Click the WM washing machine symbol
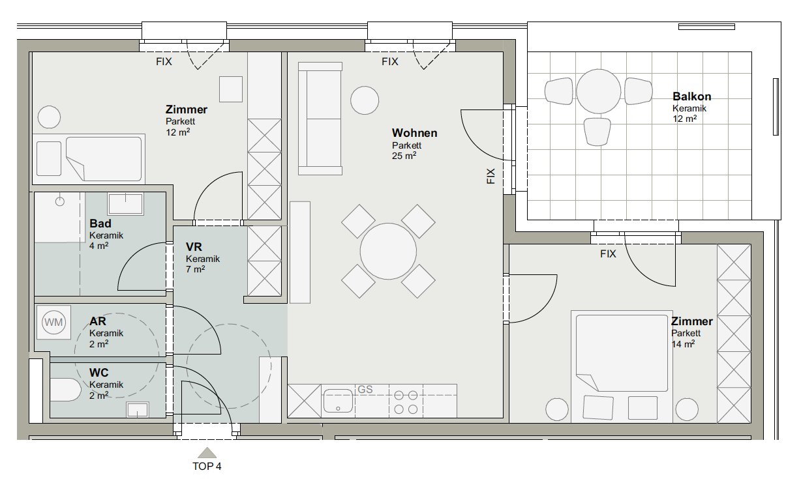(x=53, y=322)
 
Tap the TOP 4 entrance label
(x=207, y=466)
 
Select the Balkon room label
(x=691, y=96)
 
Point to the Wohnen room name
(x=414, y=133)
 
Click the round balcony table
(x=598, y=91)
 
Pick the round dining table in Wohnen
(x=388, y=251)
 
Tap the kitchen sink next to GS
(x=338, y=400)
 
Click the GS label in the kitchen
(x=365, y=389)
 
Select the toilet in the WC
(x=65, y=390)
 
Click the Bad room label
(x=100, y=224)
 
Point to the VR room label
(x=194, y=247)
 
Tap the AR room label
(x=98, y=321)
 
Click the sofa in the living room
(x=320, y=119)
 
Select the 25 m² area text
(x=404, y=156)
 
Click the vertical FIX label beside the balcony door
(x=491, y=176)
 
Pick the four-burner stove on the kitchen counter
(x=406, y=402)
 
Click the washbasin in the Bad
(x=125, y=204)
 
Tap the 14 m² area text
(x=683, y=344)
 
